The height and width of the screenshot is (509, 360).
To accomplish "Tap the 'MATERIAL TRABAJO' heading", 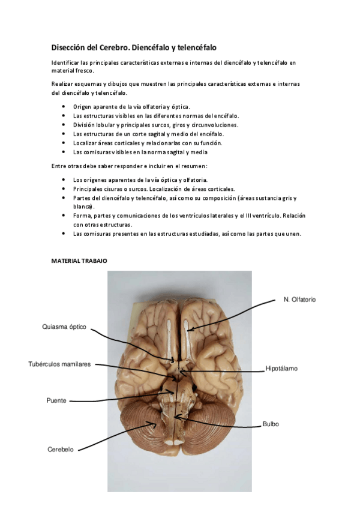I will (x=79, y=261).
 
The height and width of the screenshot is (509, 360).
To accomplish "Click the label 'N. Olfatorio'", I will (x=299, y=299).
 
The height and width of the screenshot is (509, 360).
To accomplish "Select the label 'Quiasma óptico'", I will (x=64, y=327).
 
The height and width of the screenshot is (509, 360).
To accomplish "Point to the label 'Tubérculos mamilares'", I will (x=59, y=364).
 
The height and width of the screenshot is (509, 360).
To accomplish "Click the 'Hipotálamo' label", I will (x=282, y=368).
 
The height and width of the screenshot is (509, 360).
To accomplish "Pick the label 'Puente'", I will (x=56, y=400).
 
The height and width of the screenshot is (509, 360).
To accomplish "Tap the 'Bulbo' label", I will (x=271, y=424).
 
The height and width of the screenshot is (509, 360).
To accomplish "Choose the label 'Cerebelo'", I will (x=61, y=449).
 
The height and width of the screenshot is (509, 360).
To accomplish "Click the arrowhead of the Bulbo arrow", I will (x=175, y=415).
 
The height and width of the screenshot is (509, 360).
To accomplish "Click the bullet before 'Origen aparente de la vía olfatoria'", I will (x=64, y=106).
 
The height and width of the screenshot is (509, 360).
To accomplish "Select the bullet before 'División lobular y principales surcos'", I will (x=64, y=125).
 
